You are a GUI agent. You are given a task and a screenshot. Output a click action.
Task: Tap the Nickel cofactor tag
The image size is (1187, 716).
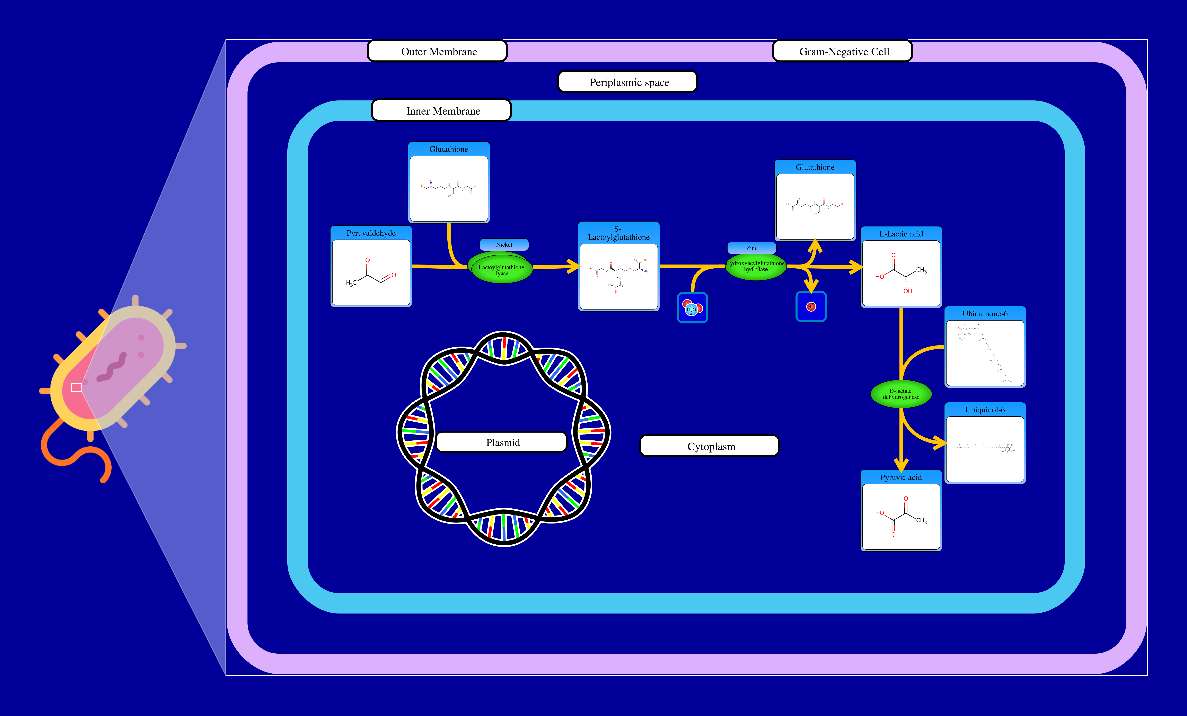(x=504, y=245)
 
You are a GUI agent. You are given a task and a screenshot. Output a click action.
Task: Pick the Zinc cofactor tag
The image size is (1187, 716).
(x=751, y=248)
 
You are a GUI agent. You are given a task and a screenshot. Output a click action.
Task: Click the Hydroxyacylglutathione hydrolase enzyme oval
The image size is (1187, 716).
(x=755, y=266)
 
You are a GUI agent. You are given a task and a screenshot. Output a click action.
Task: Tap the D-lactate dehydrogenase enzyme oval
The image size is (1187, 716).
(x=901, y=394)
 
